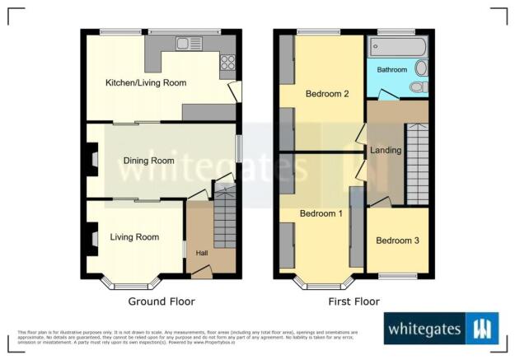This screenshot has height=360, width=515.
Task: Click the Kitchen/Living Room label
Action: coord(145,83)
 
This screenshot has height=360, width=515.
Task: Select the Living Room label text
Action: coord(134,237)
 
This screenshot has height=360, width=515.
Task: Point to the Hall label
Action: coord(202,254)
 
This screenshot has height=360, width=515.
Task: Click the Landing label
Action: coord(386,150)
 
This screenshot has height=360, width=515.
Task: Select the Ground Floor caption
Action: coord(161,302)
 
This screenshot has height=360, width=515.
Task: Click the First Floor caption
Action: coord(353,302)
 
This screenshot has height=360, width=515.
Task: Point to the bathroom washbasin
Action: coord(421,68)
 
